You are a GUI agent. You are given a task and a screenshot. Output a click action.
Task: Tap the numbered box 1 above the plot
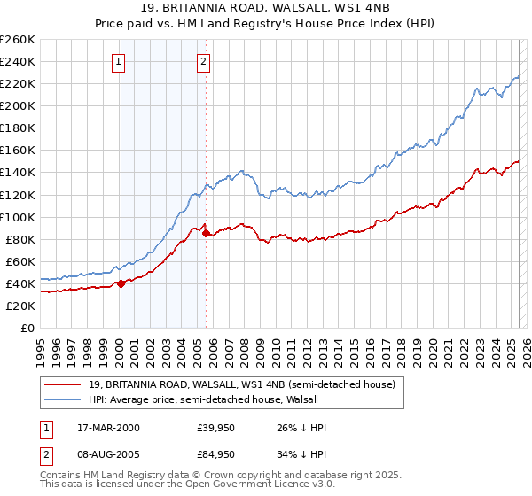(118, 61)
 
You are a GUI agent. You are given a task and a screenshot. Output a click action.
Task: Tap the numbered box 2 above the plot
(204, 61)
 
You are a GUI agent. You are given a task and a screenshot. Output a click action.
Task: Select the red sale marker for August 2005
(206, 233)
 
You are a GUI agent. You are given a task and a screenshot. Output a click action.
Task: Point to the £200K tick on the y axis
(18, 105)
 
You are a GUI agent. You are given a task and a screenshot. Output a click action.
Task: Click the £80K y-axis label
(20, 239)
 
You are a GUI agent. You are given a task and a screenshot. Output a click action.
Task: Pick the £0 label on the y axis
(28, 328)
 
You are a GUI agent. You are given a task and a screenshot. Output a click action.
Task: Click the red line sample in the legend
(63, 384)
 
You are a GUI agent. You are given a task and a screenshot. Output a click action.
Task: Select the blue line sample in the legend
(63, 398)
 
